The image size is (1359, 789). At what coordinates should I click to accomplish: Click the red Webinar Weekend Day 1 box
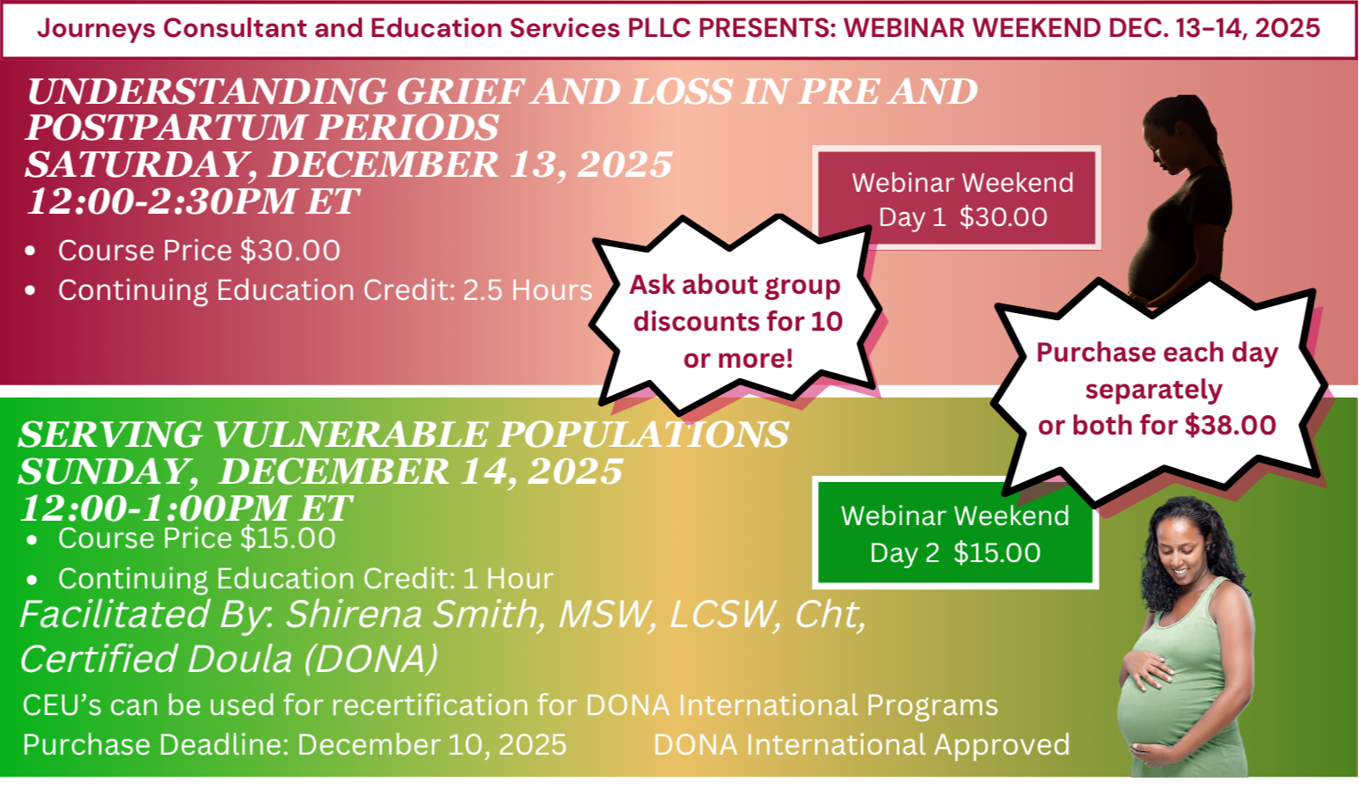tap(959, 199)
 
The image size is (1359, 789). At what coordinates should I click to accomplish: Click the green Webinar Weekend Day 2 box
tap(955, 533)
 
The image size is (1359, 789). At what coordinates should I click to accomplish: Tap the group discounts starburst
tap(737, 321)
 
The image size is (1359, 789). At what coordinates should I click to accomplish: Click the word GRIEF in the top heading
tap(460, 91)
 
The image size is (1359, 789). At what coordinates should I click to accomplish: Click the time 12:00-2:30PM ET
tap(192, 201)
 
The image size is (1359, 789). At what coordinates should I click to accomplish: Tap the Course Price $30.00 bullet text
tap(199, 251)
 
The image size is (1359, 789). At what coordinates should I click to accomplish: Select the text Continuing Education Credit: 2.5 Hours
tap(325, 290)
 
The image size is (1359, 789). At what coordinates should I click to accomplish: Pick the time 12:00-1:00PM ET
tap(185, 508)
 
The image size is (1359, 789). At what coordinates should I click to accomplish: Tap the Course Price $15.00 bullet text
tap(196, 538)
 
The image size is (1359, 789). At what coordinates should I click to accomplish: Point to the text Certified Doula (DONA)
tap(229, 659)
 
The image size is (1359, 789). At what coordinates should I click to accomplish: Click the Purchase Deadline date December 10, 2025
tap(432, 745)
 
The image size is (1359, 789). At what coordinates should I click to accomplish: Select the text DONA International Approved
tap(861, 745)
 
